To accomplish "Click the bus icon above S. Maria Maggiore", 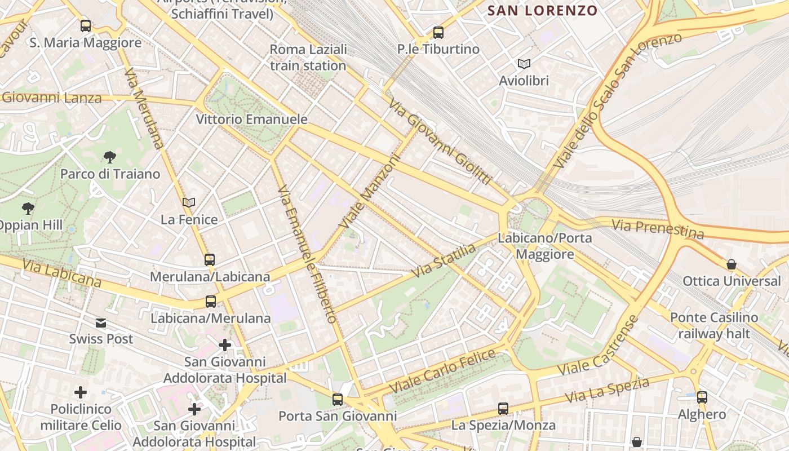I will coord(86,25).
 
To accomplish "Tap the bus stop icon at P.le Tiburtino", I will coord(438,33).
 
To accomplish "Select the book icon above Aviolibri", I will coord(524,64).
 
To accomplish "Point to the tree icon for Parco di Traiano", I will coord(110,157).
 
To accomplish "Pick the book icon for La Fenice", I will coord(189,202).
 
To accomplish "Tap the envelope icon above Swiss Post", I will coord(101,323).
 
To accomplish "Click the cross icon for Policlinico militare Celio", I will coord(81,392).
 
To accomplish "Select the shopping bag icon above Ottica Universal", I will coord(732,264).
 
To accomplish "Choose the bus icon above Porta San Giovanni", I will coord(338,400).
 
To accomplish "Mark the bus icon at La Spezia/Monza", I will coord(503,409).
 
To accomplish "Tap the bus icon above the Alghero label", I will coord(702,397).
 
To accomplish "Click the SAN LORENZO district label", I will coord(542,11).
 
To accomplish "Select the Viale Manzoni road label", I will coord(369,192).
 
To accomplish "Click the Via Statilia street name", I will coord(444,260).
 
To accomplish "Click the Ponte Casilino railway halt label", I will coord(714,325).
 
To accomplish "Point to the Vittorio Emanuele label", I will coord(251,120).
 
